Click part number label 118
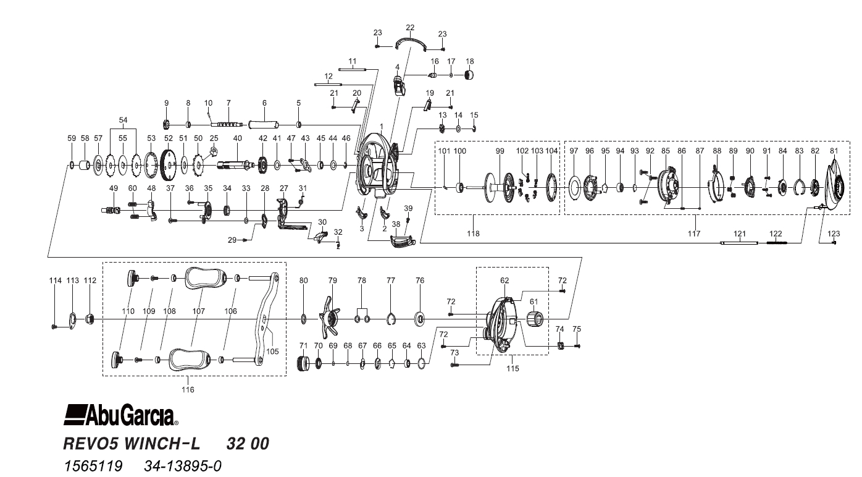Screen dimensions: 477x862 pos(473,234)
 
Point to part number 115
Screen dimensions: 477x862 pos(513,368)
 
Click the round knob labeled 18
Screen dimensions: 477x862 pos(471,75)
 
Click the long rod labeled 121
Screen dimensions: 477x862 pos(740,243)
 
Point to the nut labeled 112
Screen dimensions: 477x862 pos(90,319)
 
